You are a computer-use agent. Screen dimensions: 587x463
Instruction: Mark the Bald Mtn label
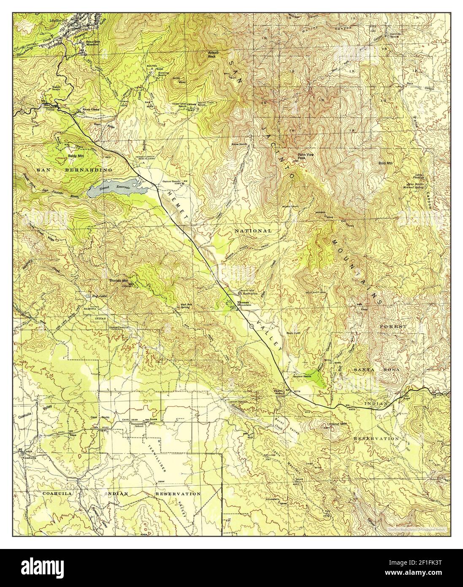[x=385, y=163]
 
